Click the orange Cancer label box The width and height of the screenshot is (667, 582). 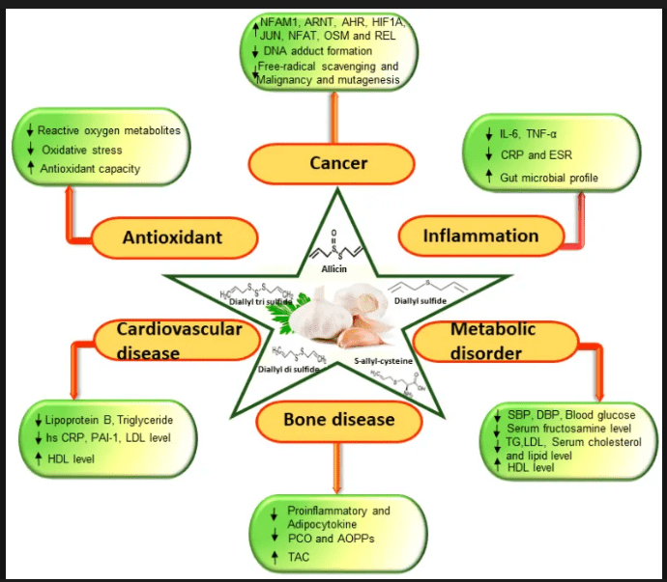click(338, 164)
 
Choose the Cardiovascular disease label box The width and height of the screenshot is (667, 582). click(181, 340)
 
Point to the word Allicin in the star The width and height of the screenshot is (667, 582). click(334, 271)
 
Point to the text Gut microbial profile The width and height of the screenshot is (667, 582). click(548, 179)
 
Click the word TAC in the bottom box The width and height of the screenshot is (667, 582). click(301, 557)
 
